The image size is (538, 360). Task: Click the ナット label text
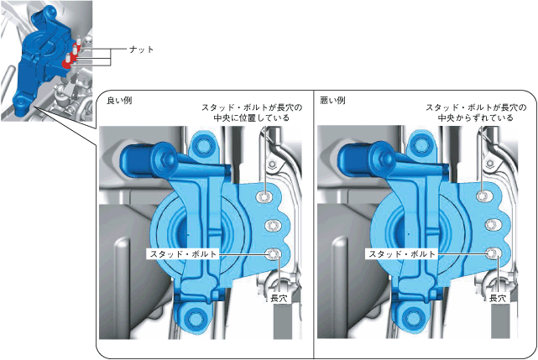[x=141, y=50]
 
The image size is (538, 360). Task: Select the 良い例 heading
[x=119, y=101]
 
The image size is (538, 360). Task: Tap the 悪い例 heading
[x=332, y=101]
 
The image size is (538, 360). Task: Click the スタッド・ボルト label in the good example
[x=183, y=254]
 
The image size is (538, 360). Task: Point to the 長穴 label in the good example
[x=279, y=298]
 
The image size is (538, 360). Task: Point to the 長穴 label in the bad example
[x=498, y=298]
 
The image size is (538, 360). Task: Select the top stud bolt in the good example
[x=264, y=196]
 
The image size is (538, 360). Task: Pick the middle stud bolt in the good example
[x=273, y=226]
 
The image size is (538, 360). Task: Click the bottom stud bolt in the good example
[x=274, y=254]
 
